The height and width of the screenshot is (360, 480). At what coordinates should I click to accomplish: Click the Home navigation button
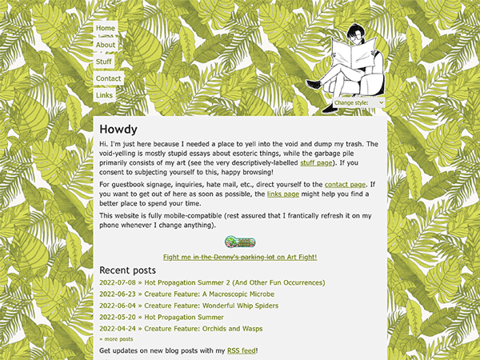point(106,29)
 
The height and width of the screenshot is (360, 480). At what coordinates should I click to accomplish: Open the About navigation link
point(106,46)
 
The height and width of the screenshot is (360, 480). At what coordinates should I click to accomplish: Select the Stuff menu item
point(104,62)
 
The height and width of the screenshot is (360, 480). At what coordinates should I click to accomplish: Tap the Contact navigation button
point(108,79)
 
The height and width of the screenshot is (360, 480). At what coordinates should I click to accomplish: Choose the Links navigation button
point(104,95)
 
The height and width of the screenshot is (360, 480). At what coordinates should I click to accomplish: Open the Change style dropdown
point(358,103)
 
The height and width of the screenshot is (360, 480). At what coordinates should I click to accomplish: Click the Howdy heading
point(118,130)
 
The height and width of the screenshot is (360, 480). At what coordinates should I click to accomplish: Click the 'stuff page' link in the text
point(316,162)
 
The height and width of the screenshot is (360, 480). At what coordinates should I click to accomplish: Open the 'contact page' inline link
point(345,185)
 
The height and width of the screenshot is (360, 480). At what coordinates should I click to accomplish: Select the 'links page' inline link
point(284,194)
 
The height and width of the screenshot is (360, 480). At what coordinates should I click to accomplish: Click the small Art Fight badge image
point(240,242)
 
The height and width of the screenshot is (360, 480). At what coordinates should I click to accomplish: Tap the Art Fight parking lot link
point(240,257)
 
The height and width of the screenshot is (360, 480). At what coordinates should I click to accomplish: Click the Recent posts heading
point(127,270)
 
